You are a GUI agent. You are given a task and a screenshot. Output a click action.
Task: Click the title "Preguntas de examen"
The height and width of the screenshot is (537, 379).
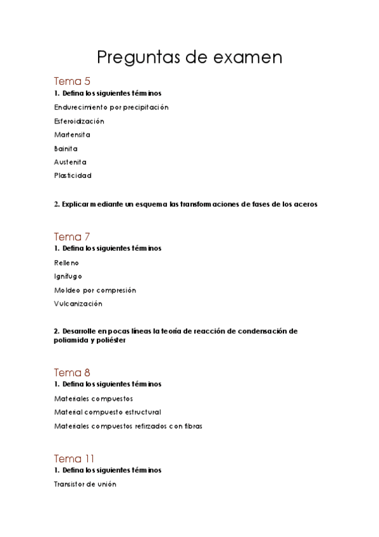tap(189, 58)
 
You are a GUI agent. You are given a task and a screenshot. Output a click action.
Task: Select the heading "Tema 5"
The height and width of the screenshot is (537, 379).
tap(72, 81)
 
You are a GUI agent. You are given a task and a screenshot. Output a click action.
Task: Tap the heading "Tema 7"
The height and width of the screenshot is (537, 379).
tap(72, 236)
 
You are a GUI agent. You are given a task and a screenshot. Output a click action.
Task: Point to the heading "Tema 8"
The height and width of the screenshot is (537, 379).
tap(72, 372)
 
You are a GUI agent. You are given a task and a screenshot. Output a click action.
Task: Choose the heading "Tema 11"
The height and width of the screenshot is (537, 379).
tap(75, 458)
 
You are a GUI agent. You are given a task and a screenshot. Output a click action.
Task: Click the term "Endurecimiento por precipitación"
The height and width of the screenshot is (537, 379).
tap(111, 108)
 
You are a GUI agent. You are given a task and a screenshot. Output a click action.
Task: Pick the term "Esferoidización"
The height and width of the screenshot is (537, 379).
tap(79, 121)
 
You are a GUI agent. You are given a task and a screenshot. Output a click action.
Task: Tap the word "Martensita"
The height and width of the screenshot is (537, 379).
tap(72, 135)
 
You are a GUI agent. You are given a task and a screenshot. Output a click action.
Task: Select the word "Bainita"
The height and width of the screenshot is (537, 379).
tap(66, 149)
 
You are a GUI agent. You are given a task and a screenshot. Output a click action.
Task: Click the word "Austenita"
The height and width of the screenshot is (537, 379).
tap(70, 162)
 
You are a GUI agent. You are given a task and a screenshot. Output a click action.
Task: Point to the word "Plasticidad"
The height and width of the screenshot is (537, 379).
tap(73, 175)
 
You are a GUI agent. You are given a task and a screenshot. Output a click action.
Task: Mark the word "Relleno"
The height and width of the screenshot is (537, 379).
tap(66, 263)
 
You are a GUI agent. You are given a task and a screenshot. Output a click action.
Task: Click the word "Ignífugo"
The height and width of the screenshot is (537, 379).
tap(68, 276)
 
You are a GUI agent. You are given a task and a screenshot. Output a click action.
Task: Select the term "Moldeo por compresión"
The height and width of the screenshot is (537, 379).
tap(95, 290)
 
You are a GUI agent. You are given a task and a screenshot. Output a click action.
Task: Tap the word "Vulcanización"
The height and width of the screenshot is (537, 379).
tap(78, 303)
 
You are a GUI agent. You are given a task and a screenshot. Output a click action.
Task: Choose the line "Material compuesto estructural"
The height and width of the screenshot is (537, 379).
tap(108, 412)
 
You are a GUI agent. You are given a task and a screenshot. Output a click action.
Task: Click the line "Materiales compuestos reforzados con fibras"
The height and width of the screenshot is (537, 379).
tap(128, 426)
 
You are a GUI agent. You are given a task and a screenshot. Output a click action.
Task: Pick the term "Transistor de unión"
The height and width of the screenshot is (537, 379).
tap(85, 484)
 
